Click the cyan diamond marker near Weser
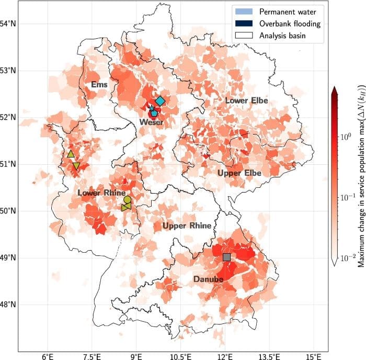point(160,100)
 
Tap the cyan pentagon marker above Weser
point(154,113)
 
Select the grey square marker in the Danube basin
point(226,257)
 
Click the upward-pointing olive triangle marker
point(71,154)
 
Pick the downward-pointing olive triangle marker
point(76,166)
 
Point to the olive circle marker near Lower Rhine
point(127,199)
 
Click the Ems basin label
point(99,84)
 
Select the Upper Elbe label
point(239,173)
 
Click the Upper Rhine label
point(187,226)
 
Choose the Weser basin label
point(151,122)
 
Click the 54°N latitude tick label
point(8,24)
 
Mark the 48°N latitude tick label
point(8,304)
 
